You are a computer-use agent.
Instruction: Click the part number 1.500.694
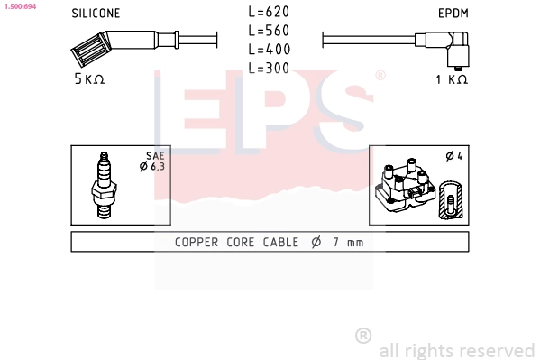point(20,6)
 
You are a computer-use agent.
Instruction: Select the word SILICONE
point(96,14)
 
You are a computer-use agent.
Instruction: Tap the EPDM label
point(453,14)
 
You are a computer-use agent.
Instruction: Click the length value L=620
point(269,12)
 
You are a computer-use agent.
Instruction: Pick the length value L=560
point(269,31)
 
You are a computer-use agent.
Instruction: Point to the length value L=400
point(270,49)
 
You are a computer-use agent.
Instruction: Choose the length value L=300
point(269,68)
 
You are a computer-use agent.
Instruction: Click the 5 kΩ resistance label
point(89,79)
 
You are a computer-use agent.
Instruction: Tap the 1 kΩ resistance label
point(452,79)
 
